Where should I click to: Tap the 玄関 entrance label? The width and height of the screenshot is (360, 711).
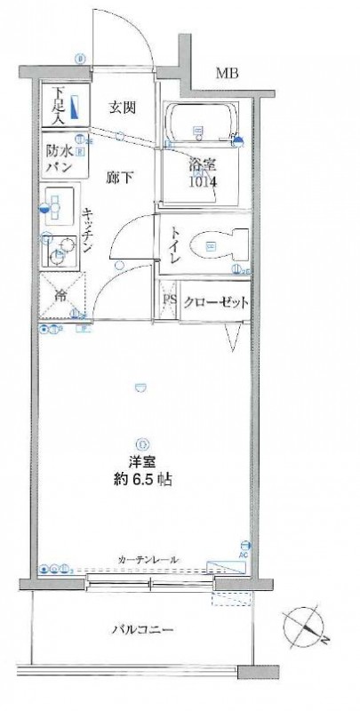(121, 108)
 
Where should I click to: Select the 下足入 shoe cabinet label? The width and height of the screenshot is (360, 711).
(58, 103)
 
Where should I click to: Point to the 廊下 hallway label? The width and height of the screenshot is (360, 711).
(121, 177)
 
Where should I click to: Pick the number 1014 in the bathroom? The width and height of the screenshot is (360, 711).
(201, 182)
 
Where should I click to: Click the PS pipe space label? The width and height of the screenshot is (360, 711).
(169, 300)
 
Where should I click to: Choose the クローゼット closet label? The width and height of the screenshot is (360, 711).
(213, 300)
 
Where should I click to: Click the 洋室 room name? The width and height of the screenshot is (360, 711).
(137, 462)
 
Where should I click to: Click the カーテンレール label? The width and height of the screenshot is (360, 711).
(147, 559)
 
